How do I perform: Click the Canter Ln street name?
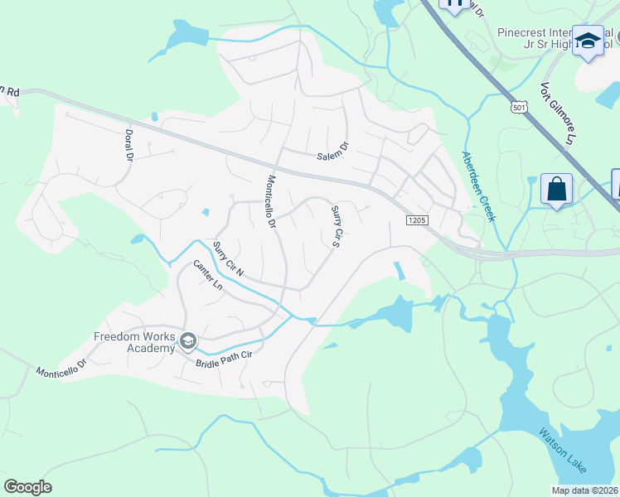[x=208, y=275]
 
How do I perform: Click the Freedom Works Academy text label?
[x=134, y=342]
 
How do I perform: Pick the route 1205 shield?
[x=416, y=220]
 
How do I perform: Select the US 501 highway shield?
[x=519, y=109]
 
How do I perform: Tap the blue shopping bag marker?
[x=555, y=189]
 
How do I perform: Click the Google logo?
[x=27, y=487]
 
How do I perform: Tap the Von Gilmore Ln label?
[x=557, y=113]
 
